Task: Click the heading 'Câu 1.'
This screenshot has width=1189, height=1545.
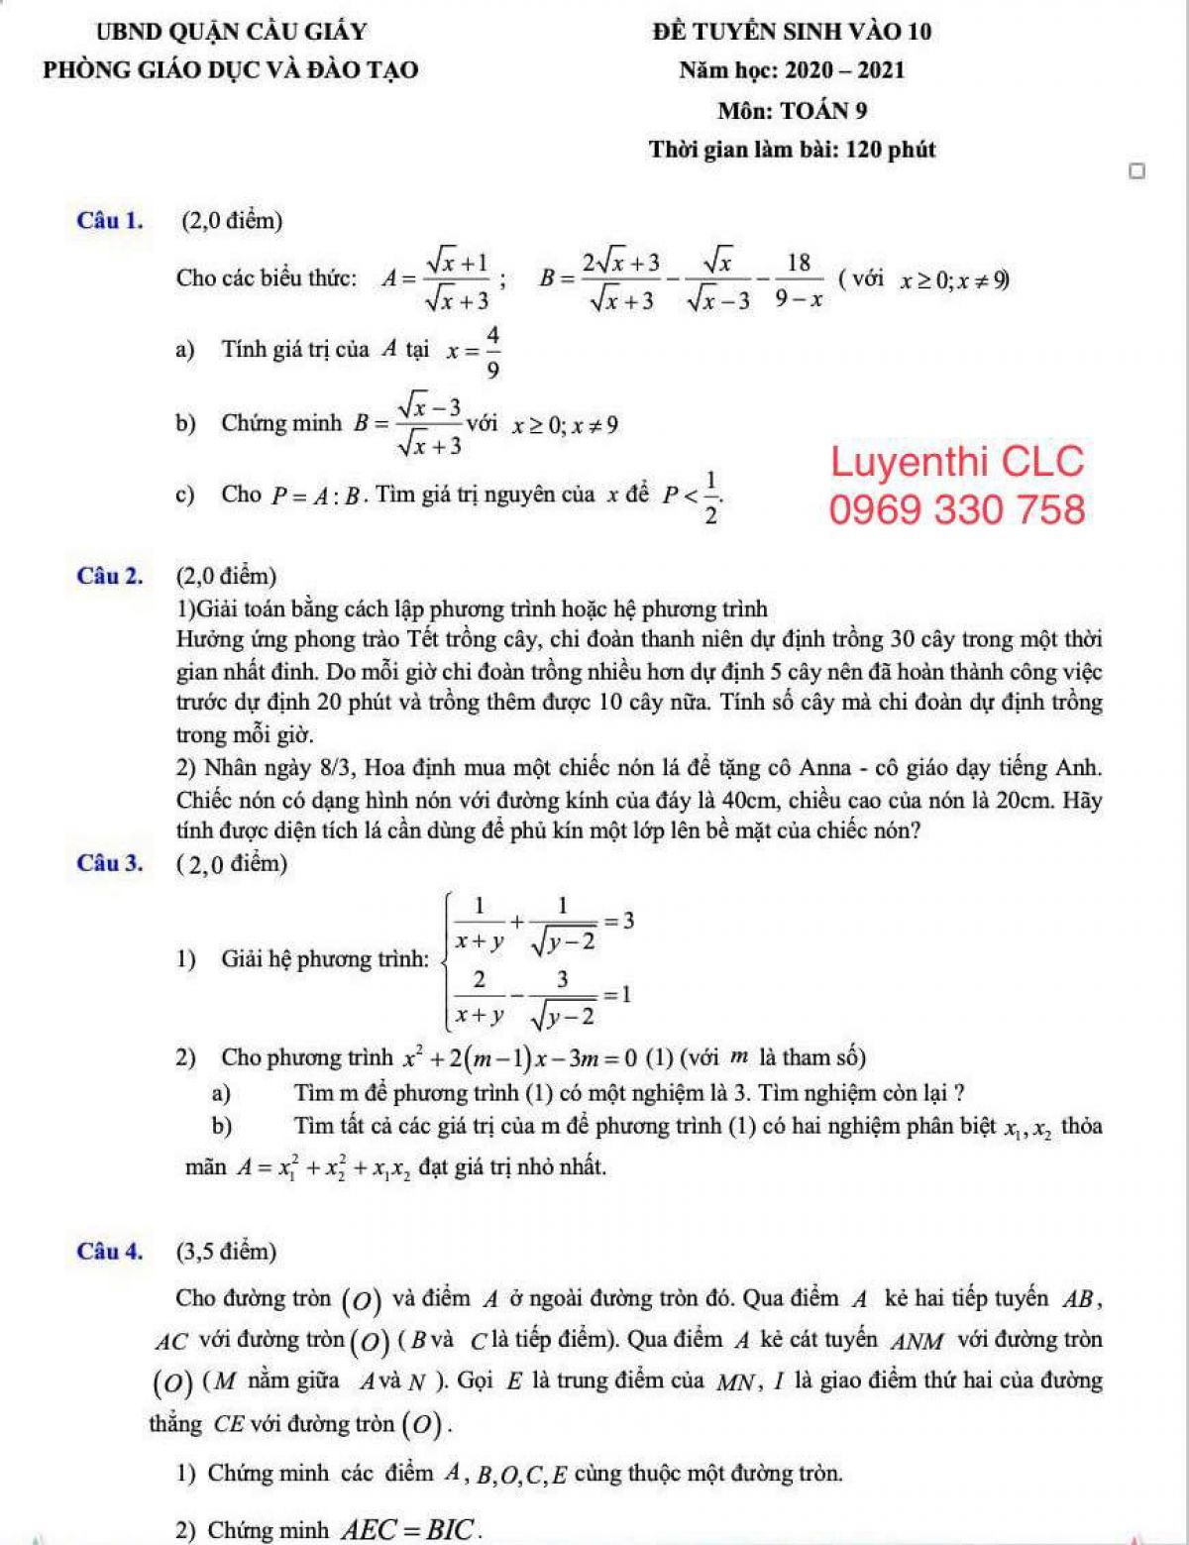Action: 109,220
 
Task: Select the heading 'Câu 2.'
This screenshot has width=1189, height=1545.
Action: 109,575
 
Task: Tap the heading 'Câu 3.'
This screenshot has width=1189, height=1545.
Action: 109,863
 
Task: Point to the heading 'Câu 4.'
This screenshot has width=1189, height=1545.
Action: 109,1251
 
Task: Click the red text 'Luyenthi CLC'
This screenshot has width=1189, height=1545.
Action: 957,462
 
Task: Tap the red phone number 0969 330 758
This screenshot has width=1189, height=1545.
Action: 957,509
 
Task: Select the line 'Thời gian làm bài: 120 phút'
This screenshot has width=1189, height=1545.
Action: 792,150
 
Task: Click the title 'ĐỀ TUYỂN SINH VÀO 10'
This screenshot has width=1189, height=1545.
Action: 792,32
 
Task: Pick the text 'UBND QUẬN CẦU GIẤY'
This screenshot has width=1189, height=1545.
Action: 231,32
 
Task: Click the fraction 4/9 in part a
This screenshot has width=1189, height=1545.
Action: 492,352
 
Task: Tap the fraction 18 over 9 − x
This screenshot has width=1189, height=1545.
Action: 799,279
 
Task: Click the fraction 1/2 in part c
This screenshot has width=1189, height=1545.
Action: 710,496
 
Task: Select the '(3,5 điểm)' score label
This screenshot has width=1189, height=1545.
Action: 227,1251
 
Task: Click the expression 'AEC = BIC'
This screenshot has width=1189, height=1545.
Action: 410,1529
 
